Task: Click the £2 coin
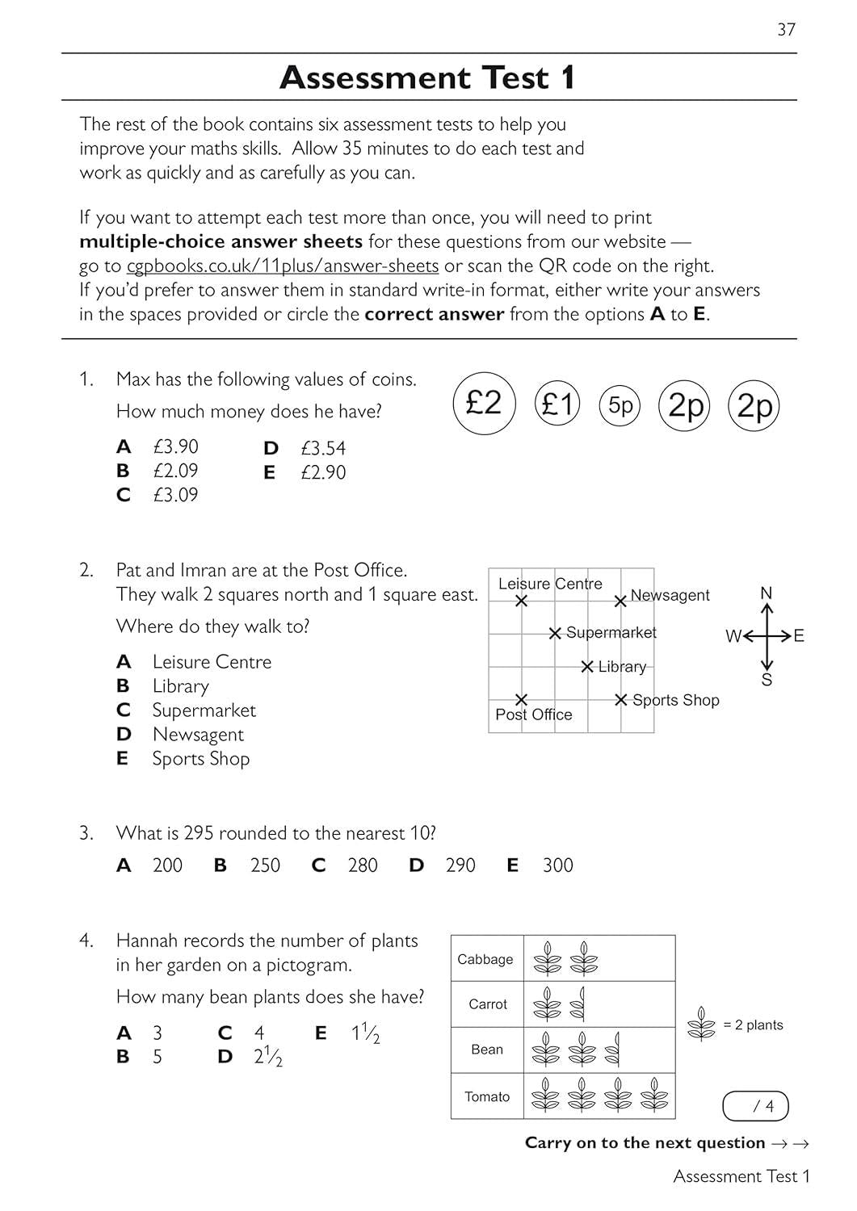485,403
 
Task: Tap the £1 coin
557,404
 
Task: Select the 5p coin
620,405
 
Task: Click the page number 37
786,30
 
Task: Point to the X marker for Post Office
522,699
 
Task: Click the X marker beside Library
587,667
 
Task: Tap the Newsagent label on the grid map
670,595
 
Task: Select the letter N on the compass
767,593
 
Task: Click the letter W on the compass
733,636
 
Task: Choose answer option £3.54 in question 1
323,448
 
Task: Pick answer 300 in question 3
557,865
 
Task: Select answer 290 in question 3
460,865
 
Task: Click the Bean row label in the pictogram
487,1050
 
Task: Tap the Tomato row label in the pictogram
487,1096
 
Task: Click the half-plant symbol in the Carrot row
578,1004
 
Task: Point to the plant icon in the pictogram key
701,1025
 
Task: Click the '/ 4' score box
755,1106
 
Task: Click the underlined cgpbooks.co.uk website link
283,266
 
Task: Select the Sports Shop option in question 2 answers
200,759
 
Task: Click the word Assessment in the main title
375,78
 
